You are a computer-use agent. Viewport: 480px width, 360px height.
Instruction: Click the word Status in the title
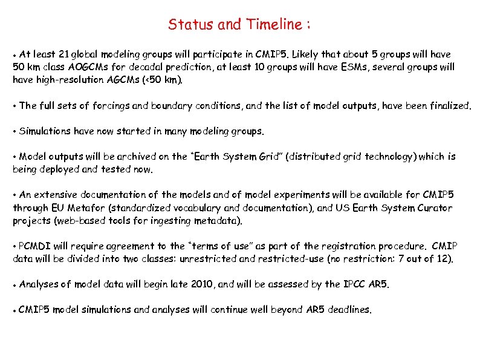pyautogui.click(x=186, y=25)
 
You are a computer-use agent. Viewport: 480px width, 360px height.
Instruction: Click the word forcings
pyautogui.click(x=111, y=106)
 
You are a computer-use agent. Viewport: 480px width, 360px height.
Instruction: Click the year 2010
pyautogui.click(x=201, y=284)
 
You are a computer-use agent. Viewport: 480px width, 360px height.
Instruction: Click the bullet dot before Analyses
pyautogui.click(x=15, y=284)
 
